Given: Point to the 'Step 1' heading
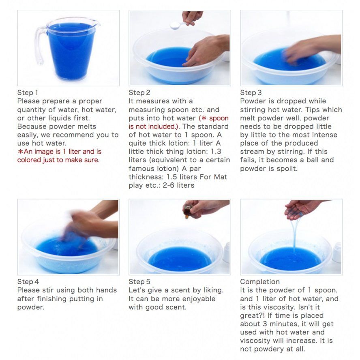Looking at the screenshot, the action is [x=28, y=92].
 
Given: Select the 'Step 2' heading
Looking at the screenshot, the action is [x=139, y=92].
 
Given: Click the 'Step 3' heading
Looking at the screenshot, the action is [x=251, y=92].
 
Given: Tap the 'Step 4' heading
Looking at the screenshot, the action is [x=28, y=282].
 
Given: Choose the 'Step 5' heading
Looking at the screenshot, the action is [x=139, y=282].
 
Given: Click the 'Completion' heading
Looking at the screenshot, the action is [x=260, y=282].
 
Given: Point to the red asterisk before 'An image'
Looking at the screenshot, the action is [x=20, y=152].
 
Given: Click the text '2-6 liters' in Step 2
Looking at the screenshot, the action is [x=178, y=185].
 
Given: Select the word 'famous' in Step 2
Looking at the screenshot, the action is [x=141, y=168].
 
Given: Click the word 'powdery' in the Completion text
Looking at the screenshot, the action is [x=269, y=349].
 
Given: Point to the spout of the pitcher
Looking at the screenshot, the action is [x=96, y=23].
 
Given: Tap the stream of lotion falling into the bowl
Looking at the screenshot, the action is [x=295, y=234].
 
